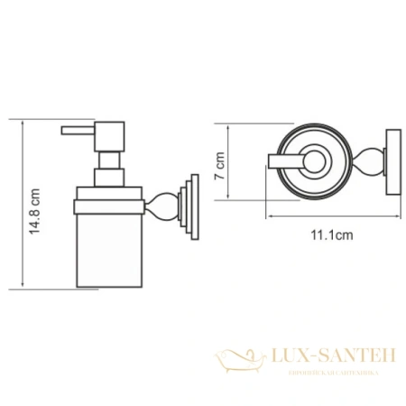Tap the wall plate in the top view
(x=390, y=163)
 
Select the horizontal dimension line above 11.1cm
(x=330, y=219)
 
